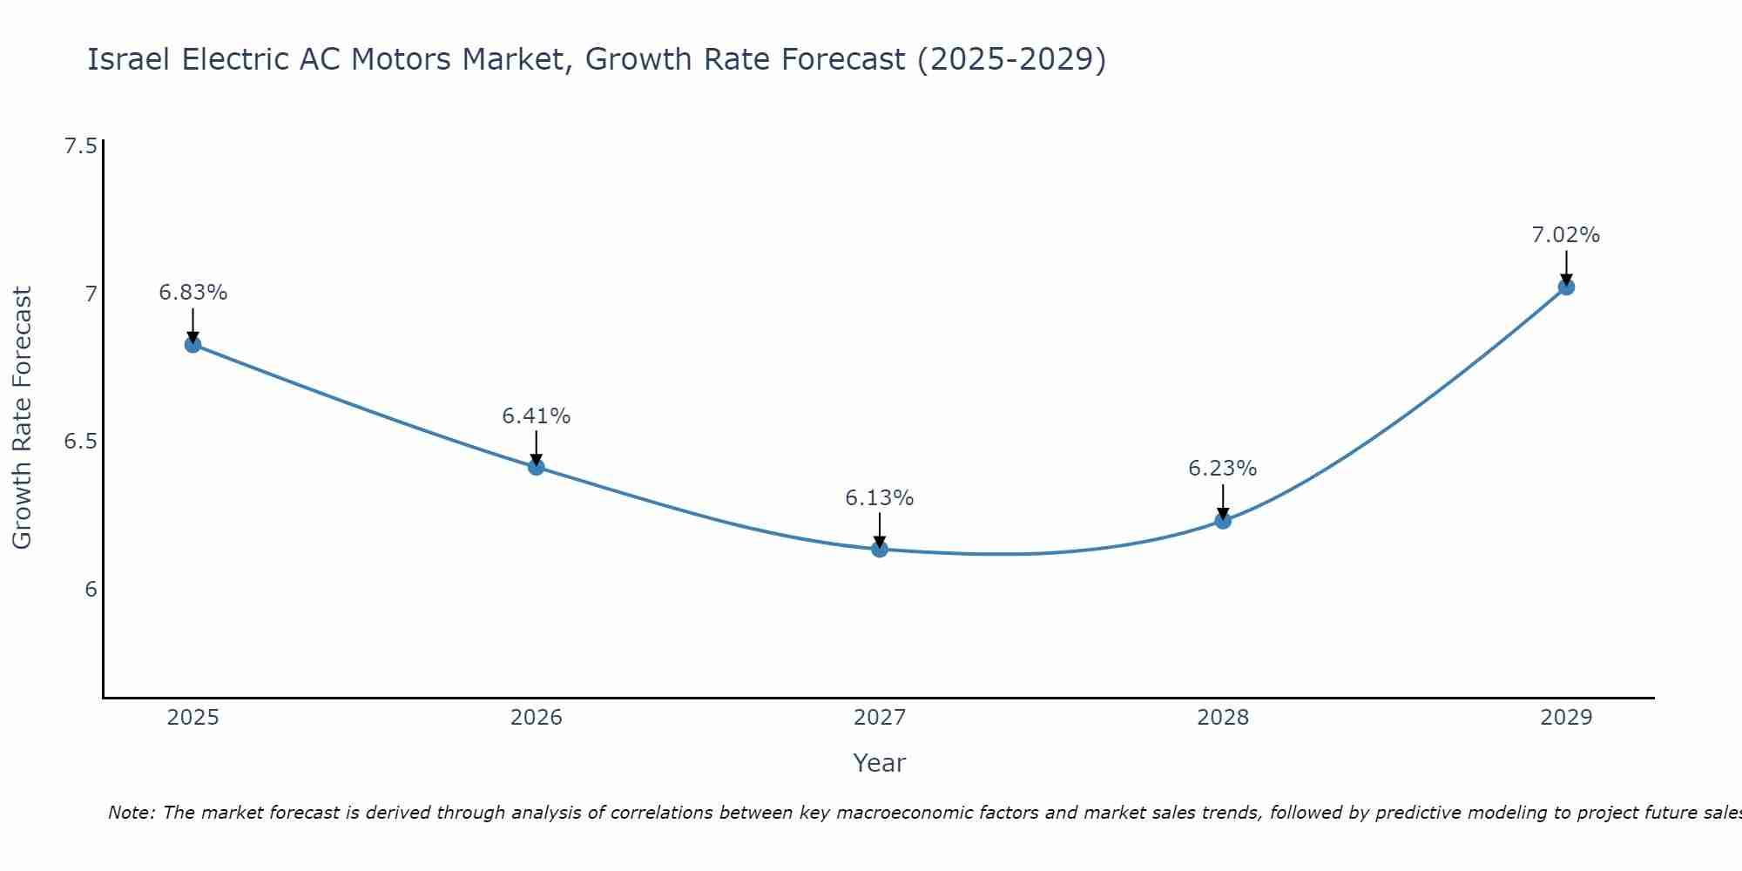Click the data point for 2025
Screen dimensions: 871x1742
pos(192,344)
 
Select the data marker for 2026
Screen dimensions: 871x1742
pos(536,467)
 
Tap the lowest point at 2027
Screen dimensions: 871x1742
pos(879,549)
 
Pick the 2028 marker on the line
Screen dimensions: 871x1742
pos(1222,520)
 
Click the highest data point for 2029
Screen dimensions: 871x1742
pos(1565,287)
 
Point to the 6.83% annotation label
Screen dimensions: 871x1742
pos(192,293)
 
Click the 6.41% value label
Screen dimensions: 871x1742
pos(536,416)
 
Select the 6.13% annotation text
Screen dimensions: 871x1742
pos(879,498)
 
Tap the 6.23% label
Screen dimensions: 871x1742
pos(1222,469)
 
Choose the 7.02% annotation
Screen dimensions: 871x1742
pos(1565,235)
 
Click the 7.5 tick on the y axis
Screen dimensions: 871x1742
pos(80,145)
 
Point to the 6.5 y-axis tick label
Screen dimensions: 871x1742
pos(80,442)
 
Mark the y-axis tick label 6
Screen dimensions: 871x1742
pos(91,590)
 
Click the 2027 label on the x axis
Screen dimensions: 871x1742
pos(879,718)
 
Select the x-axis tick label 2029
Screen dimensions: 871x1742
pos(1565,718)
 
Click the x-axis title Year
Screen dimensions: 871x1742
pos(879,763)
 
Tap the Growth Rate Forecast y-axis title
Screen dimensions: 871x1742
pos(22,418)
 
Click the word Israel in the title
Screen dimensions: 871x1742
pos(130,59)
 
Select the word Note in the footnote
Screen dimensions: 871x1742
pos(131,813)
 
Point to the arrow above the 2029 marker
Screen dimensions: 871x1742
pos(1565,266)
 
